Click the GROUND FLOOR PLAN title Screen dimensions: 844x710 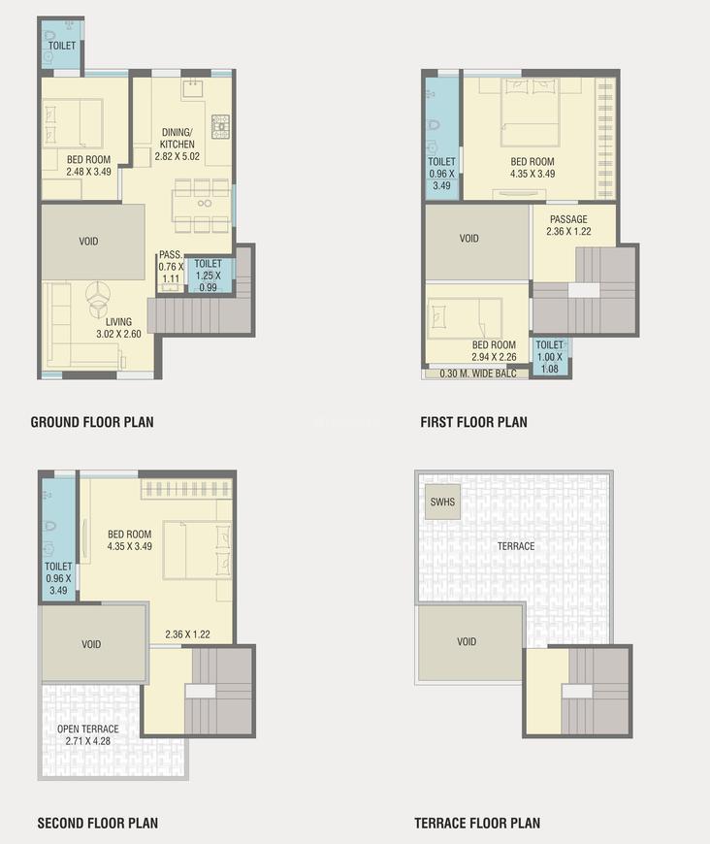point(92,422)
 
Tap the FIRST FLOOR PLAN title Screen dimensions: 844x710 point(473,422)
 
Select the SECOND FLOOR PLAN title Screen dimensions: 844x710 point(97,824)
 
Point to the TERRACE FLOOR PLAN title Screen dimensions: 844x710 point(477,824)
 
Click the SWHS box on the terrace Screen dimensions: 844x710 point(442,503)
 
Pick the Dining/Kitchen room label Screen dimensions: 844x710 point(177,145)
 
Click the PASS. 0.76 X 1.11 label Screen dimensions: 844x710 point(171,267)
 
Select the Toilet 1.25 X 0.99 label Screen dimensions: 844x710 point(208,275)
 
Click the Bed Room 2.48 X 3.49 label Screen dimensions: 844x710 point(88,166)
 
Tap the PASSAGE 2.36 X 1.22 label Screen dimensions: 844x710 point(567,225)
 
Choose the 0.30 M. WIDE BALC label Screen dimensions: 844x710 point(477,373)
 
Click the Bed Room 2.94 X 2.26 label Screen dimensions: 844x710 point(493,350)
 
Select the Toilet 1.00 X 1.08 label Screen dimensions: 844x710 point(549,356)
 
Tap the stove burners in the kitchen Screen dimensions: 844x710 point(220,126)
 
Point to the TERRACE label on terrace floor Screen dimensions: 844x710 point(516,546)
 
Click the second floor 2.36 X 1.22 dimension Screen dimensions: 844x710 point(187,635)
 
